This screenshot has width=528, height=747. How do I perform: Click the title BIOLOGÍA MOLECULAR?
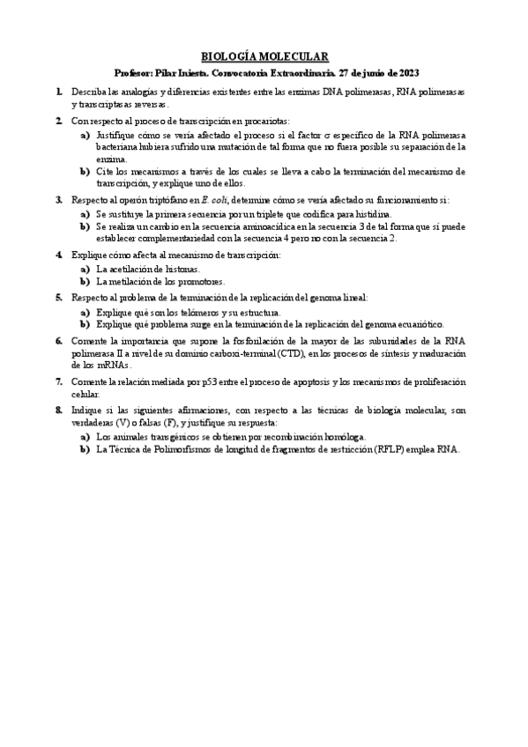tap(264, 55)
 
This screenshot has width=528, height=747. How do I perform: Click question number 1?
tap(58, 91)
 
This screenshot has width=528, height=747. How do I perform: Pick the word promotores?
tap(200, 282)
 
